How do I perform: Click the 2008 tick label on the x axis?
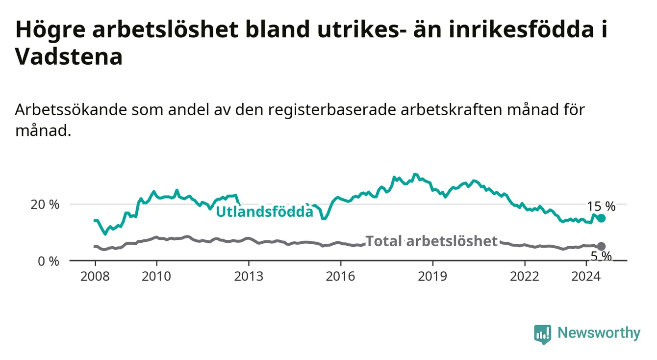[95, 277]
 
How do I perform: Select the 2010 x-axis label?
[156, 277]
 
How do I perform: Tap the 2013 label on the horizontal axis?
[249, 277]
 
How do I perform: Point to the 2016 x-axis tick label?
[341, 277]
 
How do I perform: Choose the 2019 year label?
[432, 277]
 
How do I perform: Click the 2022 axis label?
[525, 277]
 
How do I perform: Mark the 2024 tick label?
[586, 277]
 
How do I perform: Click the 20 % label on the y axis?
[45, 205]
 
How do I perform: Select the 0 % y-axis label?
[49, 261]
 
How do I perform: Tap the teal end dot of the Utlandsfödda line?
[601, 218]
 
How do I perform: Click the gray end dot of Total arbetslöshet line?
[601, 246]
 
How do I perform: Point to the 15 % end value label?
[601, 206]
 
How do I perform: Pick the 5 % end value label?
[601, 257]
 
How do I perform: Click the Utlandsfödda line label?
[265, 211]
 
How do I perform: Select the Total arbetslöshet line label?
[431, 241]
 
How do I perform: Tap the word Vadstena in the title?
[69, 56]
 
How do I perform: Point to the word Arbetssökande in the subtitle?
[71, 110]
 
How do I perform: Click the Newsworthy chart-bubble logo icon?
[543, 334]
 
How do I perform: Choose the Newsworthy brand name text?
[599, 333]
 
